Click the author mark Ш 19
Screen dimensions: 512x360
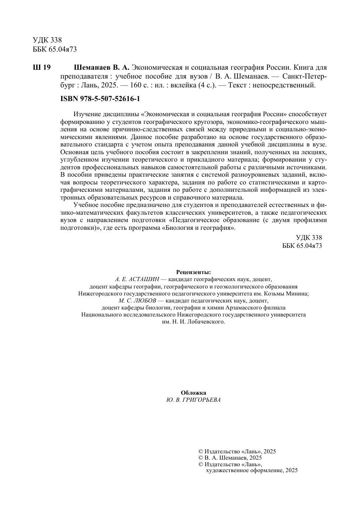pyautogui.click(x=42, y=68)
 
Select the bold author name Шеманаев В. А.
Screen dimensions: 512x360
pyautogui.click(x=102, y=68)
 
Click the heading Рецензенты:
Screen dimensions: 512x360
pyautogui.click(x=193, y=272)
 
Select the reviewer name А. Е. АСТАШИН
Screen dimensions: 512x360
pyautogui.click(x=136, y=279)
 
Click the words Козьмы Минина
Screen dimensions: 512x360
pyautogui.click(x=289, y=293)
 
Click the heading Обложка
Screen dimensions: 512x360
pyautogui.click(x=193, y=393)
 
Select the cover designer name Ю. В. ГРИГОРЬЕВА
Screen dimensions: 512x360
pyautogui.click(x=193, y=400)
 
